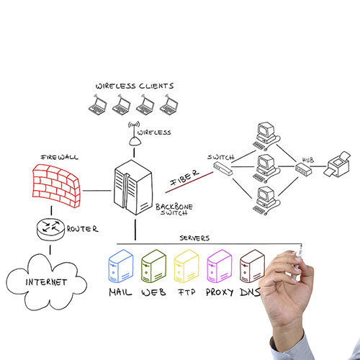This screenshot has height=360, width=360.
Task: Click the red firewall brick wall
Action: [56, 186]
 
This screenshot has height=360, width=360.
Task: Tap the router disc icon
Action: [50, 229]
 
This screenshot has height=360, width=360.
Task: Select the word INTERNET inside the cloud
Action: [46, 282]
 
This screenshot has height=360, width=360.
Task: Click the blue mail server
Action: [121, 266]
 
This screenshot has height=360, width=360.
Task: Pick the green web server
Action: [153, 266]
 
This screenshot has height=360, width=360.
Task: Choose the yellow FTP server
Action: [186, 266]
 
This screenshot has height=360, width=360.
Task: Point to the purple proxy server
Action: [220, 266]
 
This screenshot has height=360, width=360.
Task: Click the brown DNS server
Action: [252, 266]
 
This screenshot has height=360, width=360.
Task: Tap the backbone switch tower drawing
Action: [133, 187]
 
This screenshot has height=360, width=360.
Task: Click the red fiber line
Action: [189, 182]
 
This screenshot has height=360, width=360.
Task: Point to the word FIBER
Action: [184, 178]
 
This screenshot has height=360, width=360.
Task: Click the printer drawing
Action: [337, 165]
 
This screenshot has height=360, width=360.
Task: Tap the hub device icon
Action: [303, 168]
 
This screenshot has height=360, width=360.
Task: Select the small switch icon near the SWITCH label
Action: [223, 168]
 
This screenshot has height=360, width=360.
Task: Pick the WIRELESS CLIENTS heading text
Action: [135, 86]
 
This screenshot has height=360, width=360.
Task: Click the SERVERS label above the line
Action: [194, 238]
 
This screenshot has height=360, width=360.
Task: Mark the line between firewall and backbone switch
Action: [97, 191]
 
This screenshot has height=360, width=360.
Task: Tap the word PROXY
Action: [220, 292]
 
